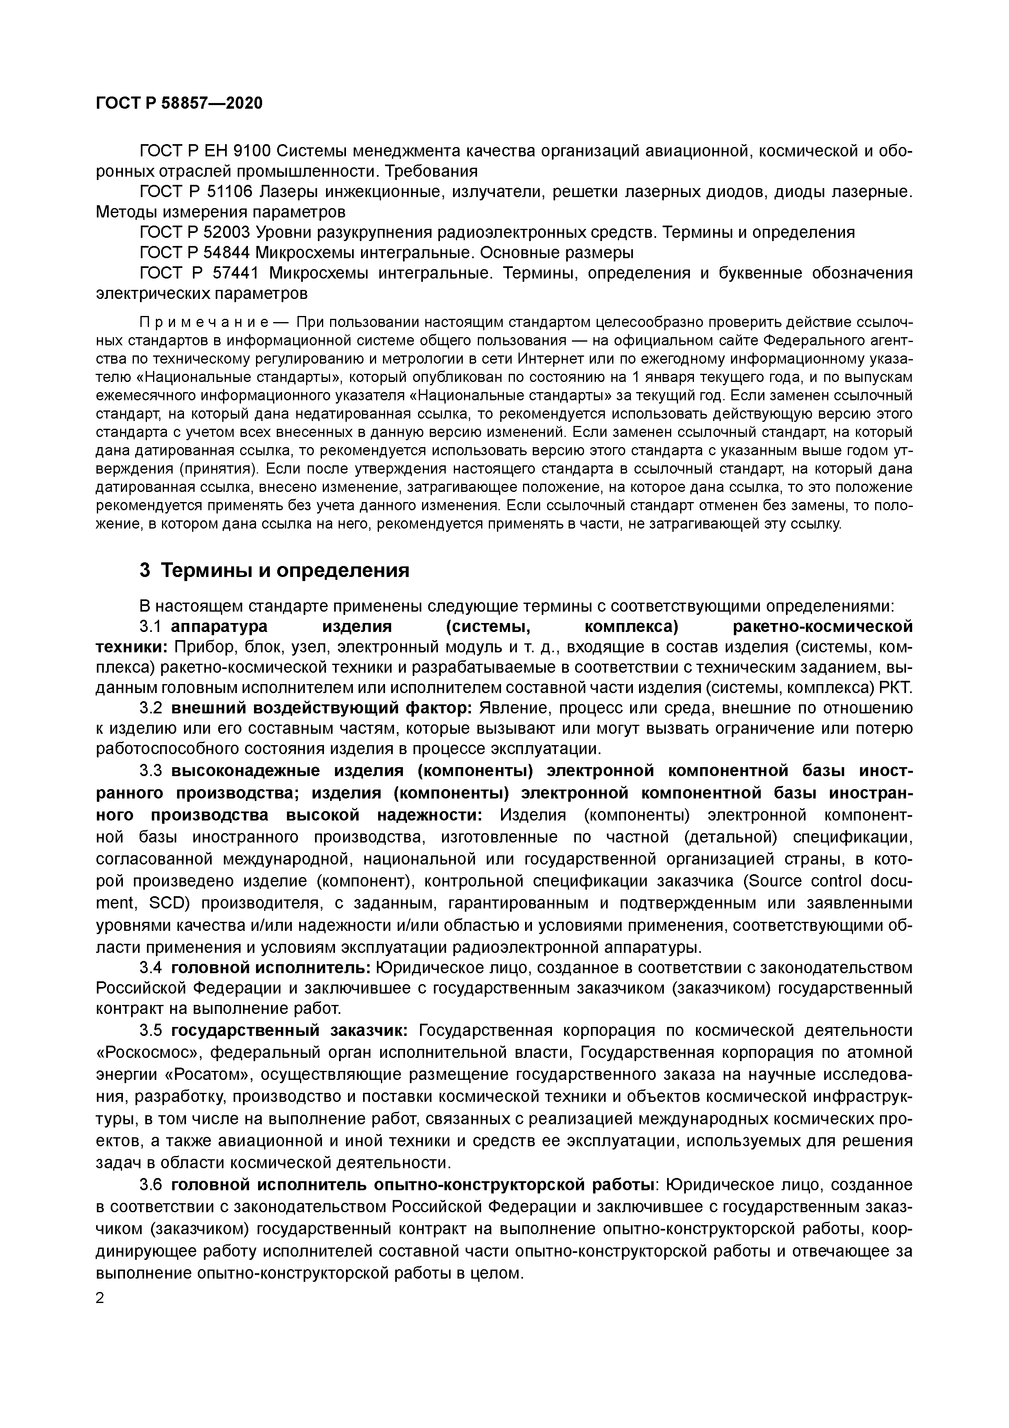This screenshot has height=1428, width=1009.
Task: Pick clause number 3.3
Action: (x=151, y=771)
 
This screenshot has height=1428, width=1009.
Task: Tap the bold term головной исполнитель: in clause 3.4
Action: (x=271, y=968)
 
